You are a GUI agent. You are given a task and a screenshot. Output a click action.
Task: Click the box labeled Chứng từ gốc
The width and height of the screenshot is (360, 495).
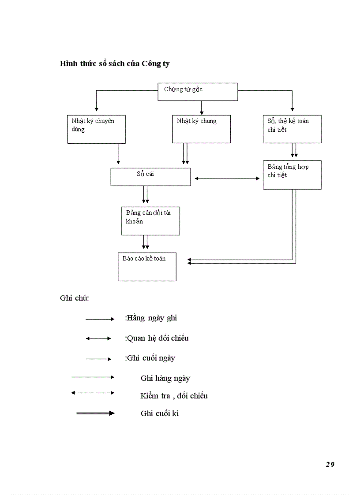point(198,92)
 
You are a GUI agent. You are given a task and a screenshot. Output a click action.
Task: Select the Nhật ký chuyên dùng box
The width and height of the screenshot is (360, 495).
point(96,129)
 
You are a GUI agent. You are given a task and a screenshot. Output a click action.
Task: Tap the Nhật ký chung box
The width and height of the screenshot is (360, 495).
point(201,129)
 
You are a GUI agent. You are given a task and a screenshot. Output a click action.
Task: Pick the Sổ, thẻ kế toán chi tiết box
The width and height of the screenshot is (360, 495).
point(292,129)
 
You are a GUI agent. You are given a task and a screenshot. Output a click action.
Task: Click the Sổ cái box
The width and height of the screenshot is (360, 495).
point(150,177)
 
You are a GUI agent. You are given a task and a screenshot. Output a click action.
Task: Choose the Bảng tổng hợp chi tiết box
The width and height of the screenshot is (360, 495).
point(292,175)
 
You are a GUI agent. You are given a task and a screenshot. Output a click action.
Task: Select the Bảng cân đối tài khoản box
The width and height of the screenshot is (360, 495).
point(150,221)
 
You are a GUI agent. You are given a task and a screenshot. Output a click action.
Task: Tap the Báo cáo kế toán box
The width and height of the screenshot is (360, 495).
point(147,267)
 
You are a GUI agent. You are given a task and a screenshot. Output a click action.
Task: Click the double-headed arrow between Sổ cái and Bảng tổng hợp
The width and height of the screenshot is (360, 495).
point(227,179)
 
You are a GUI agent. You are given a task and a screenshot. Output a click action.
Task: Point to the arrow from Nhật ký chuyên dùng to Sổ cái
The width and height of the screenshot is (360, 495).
point(118,154)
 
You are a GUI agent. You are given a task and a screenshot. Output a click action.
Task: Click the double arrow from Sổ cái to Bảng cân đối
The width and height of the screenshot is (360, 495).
point(145,194)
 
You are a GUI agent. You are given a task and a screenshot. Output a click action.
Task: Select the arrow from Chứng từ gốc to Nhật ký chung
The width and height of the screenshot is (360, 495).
point(202,108)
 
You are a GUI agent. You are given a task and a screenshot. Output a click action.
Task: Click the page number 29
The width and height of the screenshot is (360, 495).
point(330,464)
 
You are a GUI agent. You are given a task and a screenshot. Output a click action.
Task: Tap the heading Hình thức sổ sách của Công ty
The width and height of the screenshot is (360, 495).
point(115,63)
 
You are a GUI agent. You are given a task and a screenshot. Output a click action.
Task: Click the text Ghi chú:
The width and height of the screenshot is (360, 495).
point(74,298)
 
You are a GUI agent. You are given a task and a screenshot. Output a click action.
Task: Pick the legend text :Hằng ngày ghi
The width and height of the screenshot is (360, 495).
point(151,318)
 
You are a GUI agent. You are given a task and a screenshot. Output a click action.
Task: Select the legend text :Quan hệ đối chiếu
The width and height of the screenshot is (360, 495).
point(157,338)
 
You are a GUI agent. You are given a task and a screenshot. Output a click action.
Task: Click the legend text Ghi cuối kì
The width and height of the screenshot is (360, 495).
point(160,413)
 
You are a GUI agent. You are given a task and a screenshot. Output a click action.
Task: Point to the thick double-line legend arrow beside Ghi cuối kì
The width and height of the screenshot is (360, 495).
point(95,413)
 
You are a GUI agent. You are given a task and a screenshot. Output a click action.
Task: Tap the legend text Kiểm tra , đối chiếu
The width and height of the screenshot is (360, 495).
point(174,396)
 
